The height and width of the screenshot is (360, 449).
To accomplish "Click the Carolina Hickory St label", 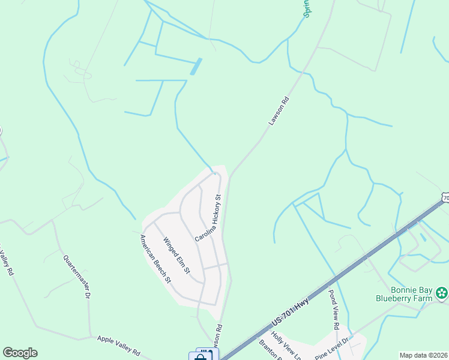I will click(209, 217).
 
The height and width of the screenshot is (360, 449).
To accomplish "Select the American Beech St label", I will click(155, 259).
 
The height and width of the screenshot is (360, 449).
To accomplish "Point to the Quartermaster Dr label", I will click(77, 277).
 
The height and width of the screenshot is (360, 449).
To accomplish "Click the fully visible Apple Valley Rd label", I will click(118, 346).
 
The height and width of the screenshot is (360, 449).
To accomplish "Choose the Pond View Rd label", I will click(334, 310).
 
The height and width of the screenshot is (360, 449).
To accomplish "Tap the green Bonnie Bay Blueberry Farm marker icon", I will click(442, 293).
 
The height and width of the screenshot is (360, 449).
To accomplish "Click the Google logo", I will click(20, 353).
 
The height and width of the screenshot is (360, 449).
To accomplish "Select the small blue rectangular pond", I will click(196, 66).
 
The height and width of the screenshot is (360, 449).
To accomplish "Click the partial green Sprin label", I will click(307, 8).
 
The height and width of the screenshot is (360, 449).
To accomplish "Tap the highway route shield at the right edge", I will click(445, 197).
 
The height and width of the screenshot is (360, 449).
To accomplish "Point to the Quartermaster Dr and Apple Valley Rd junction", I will click(89, 337).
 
